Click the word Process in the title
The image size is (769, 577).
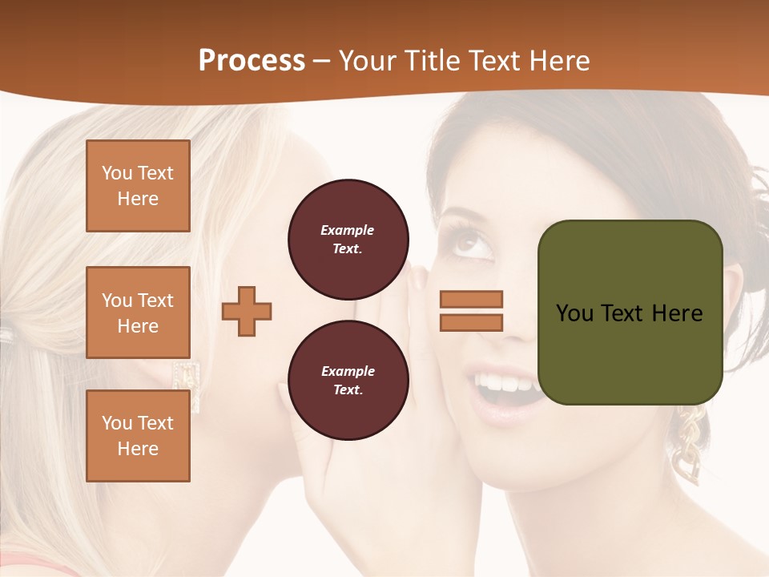click(x=252, y=61)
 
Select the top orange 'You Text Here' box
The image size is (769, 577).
click(x=138, y=186)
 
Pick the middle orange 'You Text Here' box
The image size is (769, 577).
click(x=138, y=313)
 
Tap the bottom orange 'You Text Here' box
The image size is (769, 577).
click(x=138, y=436)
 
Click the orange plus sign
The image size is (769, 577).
click(x=247, y=311)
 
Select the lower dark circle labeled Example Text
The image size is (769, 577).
click(x=348, y=380)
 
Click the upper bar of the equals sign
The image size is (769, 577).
click(x=471, y=299)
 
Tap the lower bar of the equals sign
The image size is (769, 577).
click(x=471, y=322)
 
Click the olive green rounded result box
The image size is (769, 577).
click(x=630, y=313)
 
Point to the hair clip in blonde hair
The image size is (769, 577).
click(x=6, y=335)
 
